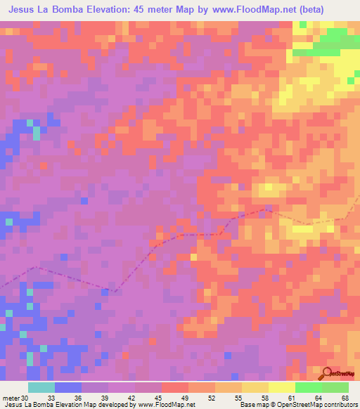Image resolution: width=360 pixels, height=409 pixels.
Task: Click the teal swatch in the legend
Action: click(x=41, y=387)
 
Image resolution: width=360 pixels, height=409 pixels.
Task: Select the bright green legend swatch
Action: click(x=309, y=387)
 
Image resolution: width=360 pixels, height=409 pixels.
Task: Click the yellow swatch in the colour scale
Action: click(x=282, y=387)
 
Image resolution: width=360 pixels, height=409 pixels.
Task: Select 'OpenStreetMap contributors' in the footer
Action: click(x=313, y=405)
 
